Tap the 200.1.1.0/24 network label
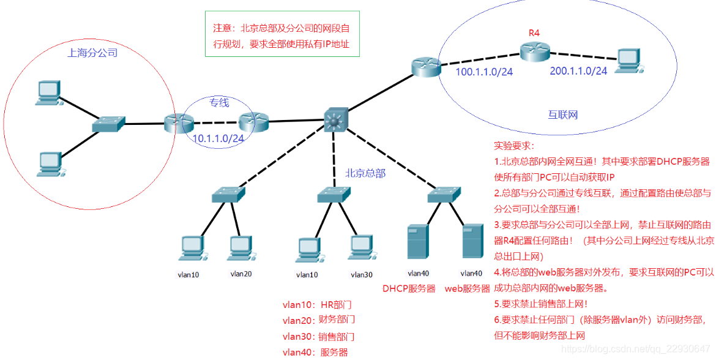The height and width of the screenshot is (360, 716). pyautogui.click(x=578, y=71)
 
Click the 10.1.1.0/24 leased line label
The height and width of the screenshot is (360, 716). pyautogui.click(x=218, y=138)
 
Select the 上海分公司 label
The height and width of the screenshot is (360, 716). pyautogui.click(x=92, y=53)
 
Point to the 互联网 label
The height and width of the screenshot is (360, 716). pyautogui.click(x=562, y=114)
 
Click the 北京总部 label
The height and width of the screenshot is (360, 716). pyautogui.click(x=365, y=173)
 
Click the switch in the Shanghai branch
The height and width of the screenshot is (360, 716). pyautogui.click(x=108, y=125)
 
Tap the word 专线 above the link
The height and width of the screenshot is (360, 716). pyautogui.click(x=220, y=102)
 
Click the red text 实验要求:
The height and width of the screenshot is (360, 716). pyautogui.click(x=514, y=146)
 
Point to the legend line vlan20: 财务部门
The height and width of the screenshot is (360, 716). pyautogui.click(x=318, y=320)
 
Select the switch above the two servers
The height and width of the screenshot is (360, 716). pyautogui.click(x=442, y=195)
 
